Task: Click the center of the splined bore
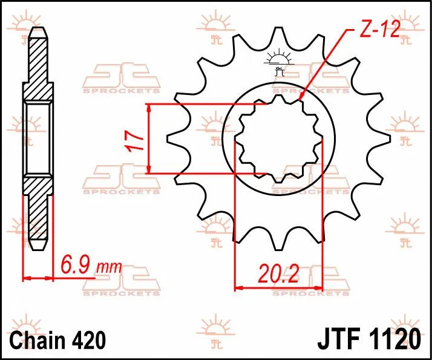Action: (279, 140)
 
